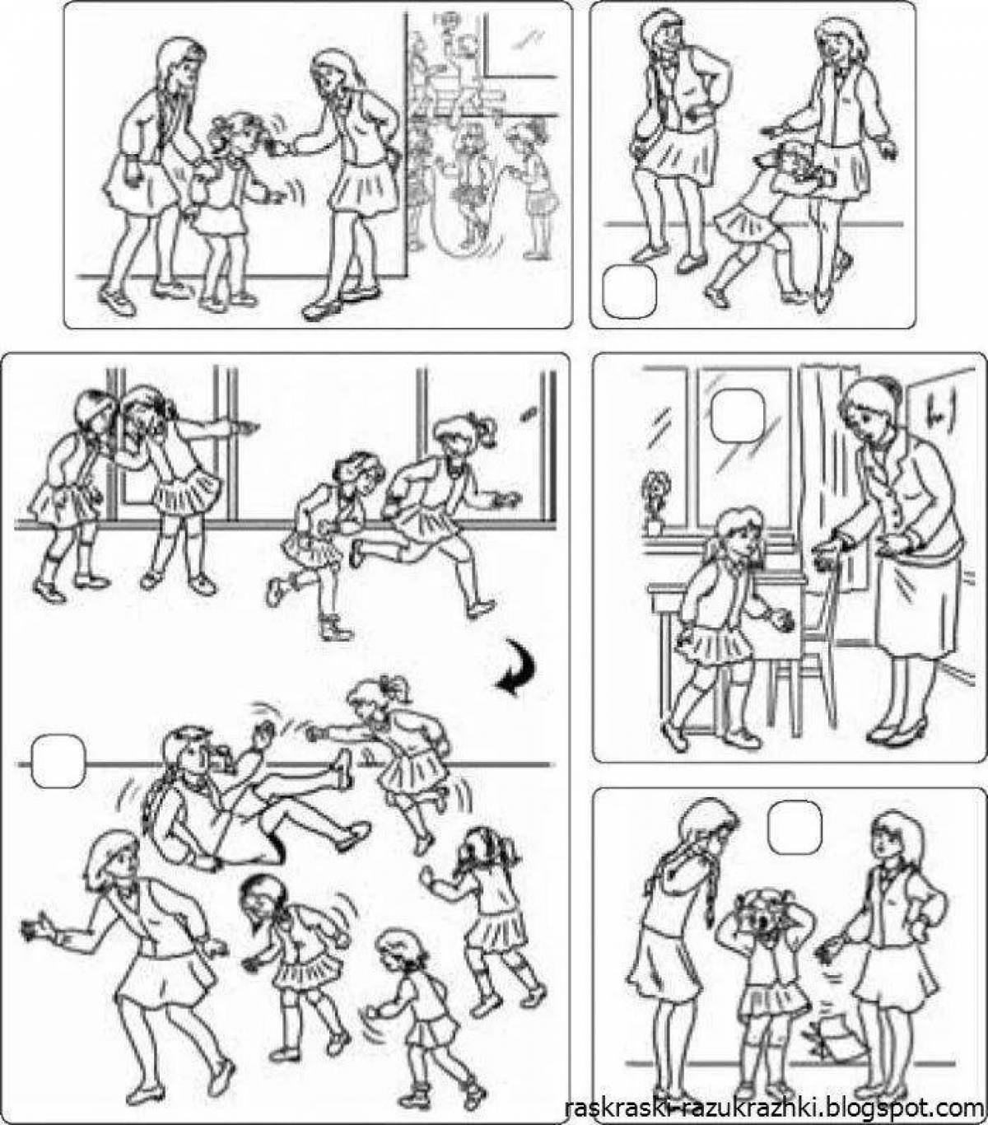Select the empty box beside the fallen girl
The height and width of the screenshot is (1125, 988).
coord(58,761)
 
